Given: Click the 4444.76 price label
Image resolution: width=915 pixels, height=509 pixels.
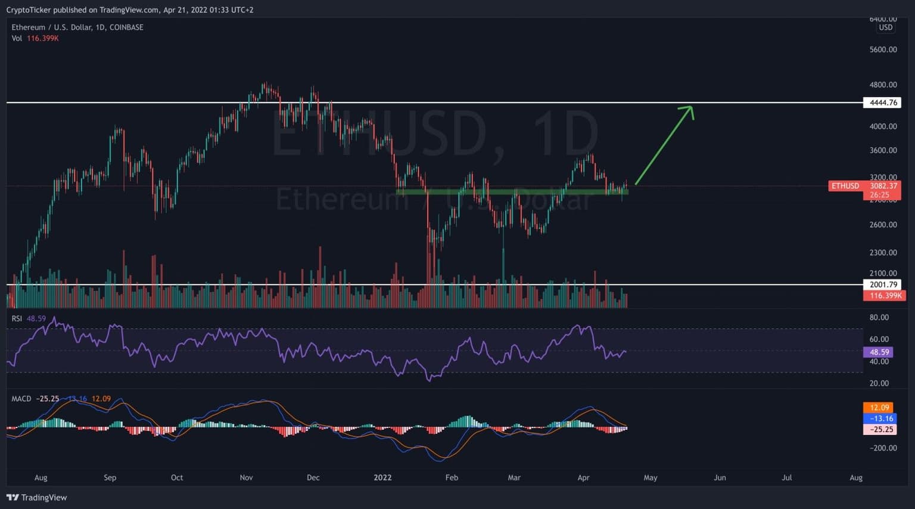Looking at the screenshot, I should [883, 103].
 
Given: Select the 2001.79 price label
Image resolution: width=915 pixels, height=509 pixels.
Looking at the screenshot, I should [883, 285].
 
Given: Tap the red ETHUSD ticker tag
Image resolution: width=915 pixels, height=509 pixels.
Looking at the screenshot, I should [845, 186].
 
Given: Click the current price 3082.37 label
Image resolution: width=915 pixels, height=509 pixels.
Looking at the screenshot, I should [883, 186].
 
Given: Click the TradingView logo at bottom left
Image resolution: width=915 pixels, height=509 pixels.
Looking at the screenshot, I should [37, 498].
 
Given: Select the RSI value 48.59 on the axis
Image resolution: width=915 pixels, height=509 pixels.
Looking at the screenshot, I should [879, 352].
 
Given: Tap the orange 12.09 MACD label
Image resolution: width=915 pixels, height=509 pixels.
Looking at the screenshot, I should [879, 408].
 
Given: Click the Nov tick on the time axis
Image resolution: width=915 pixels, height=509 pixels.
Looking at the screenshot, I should [246, 477].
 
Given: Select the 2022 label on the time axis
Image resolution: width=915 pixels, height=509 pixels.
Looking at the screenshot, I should [382, 477].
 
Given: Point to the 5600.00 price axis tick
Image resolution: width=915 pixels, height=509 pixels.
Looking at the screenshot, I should [883, 49].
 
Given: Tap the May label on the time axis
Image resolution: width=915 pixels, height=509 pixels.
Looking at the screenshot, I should [651, 477].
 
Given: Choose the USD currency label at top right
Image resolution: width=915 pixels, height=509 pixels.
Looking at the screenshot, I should [886, 27].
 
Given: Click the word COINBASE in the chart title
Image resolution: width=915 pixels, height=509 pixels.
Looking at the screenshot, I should [126, 27].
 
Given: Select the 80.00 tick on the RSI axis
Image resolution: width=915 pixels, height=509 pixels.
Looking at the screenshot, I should [879, 318].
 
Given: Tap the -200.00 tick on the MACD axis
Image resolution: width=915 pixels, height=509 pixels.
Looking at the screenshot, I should [881, 448].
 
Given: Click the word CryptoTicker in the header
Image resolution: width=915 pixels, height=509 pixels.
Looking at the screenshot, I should [29, 10].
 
